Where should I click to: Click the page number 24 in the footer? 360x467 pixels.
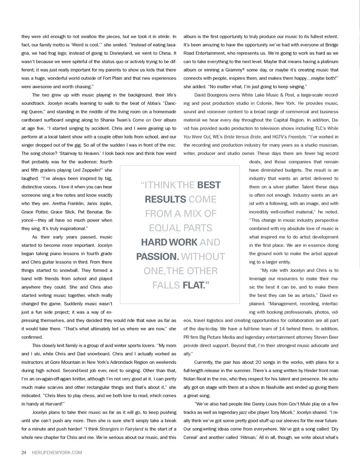coord(24,453)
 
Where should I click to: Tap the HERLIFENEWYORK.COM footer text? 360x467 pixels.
coord(57,453)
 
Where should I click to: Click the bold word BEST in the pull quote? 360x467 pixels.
coord(209,185)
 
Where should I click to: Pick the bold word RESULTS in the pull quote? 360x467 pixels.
coord(165,200)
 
